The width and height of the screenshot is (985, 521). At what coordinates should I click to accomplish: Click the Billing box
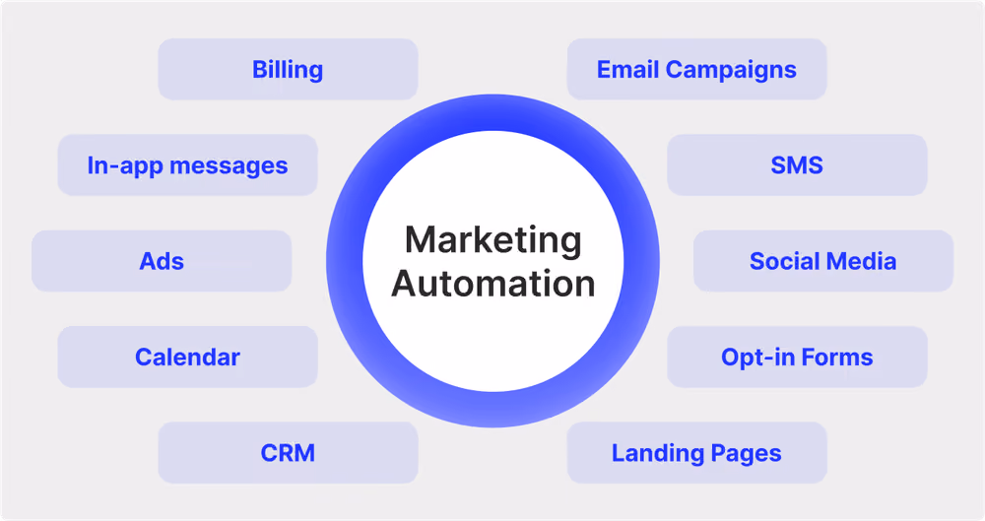coord(288,69)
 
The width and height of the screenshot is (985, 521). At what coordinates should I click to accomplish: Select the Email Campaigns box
coord(696,69)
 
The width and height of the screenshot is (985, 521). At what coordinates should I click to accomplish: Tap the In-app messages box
coord(188,164)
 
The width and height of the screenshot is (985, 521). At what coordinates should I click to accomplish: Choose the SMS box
coord(797,164)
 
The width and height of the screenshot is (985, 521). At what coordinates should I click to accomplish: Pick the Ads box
coord(162,261)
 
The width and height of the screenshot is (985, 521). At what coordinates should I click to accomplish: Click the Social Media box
coord(823,261)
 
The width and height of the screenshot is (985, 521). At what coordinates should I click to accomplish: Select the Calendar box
coord(188,357)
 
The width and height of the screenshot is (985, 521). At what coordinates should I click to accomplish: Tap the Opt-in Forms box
coord(797,357)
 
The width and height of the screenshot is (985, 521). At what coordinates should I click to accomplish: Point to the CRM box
coord(288,452)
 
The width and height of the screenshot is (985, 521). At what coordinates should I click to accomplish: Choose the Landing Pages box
coord(696,452)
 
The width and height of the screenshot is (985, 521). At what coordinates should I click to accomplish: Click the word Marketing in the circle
coord(493,241)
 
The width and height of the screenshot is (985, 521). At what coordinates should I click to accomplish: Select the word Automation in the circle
coord(493,284)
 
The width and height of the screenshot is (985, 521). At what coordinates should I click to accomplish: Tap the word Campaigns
coord(731,71)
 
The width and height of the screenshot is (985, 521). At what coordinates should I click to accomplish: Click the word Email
coord(627,69)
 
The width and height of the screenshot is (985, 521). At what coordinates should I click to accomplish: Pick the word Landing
coord(658,454)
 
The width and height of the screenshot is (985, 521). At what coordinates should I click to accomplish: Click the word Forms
coord(837,357)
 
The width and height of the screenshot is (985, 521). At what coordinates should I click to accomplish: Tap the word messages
coord(229,166)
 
